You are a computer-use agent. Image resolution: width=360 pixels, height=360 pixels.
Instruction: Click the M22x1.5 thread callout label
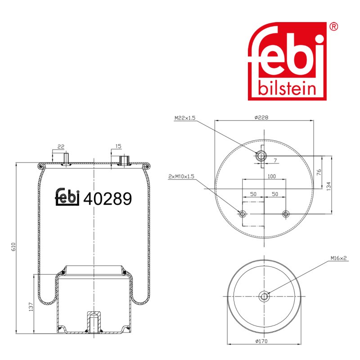tap(185, 118)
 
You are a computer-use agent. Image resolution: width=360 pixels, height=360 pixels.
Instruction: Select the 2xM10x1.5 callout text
tap(181, 176)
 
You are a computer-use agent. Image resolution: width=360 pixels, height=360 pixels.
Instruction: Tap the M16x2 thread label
tap(339, 258)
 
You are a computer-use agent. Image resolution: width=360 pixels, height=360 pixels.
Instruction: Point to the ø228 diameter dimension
tap(261, 117)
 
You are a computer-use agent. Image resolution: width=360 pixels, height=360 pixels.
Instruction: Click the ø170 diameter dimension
tap(261, 341)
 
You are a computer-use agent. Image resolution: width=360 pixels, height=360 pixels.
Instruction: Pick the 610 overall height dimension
tap(13, 247)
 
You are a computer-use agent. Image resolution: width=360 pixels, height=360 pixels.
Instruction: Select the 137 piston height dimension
tap(31, 307)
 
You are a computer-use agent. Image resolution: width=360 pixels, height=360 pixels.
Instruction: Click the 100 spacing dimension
tap(272, 176)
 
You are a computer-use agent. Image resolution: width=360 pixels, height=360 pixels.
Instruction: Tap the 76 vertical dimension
tap(319, 172)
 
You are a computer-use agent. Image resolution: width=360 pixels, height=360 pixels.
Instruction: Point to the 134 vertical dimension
tap(328, 186)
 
